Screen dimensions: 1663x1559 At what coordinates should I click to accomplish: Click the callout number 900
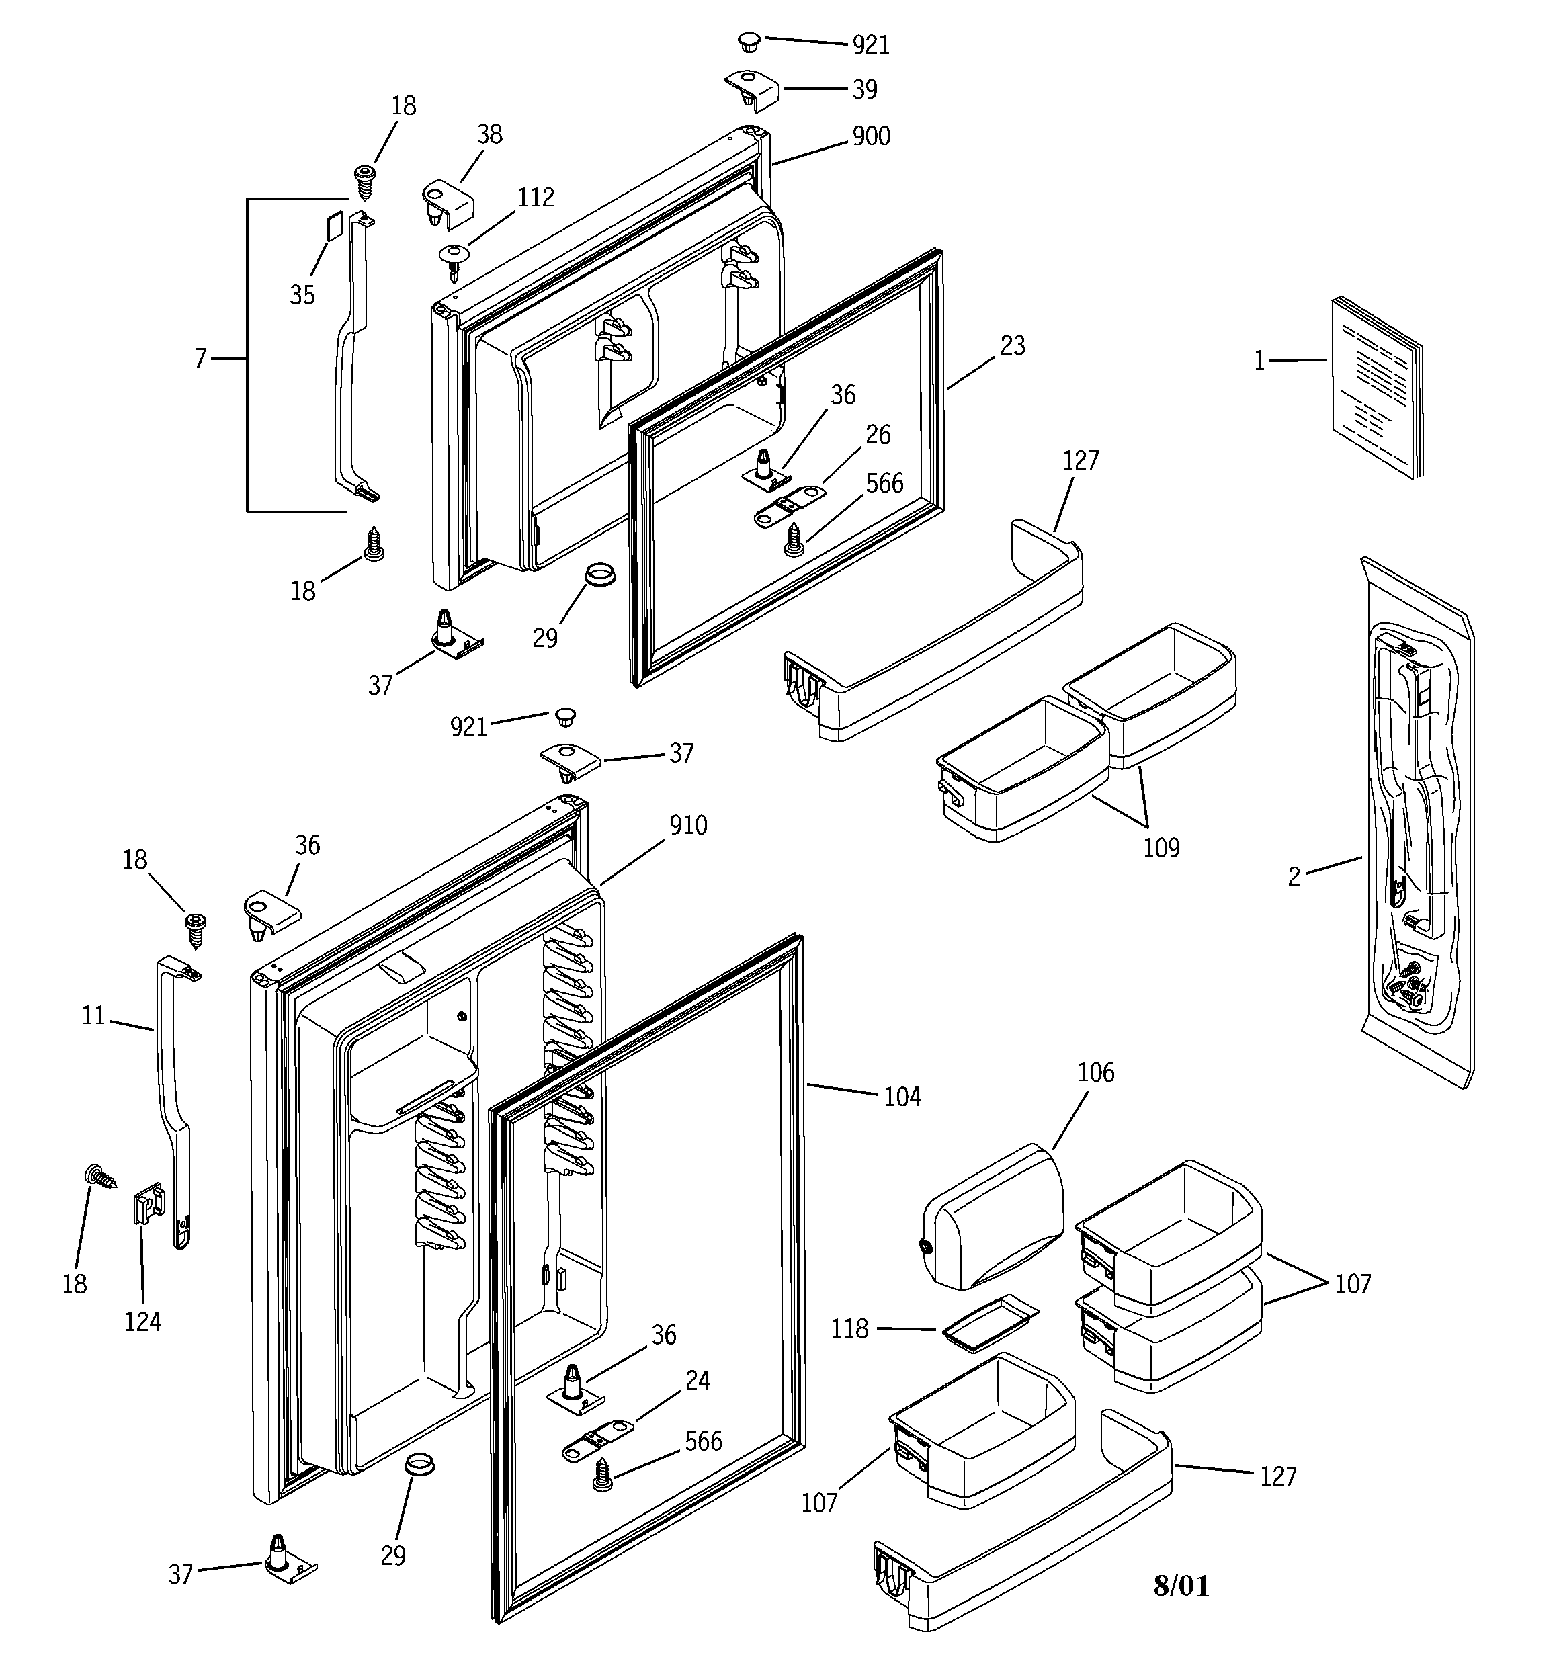coord(870,136)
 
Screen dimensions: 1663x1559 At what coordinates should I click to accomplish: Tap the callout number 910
coord(688,826)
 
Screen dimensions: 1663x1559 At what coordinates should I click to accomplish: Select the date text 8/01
coord(1181,1585)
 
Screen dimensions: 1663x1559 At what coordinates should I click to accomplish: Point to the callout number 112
coord(536,198)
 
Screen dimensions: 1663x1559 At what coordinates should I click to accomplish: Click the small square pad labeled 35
coord(333,226)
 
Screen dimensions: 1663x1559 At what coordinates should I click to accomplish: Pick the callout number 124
coord(142,1322)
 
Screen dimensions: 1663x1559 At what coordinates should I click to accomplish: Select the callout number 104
coord(902,1097)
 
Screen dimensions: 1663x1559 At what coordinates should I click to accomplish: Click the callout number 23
coord(1013,345)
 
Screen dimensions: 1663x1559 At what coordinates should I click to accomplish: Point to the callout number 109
coord(1161,848)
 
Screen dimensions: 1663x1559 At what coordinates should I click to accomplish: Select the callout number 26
coord(878,435)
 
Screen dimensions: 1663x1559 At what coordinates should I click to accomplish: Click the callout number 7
coord(200,359)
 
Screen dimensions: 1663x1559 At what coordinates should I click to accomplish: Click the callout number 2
coord(1294,878)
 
